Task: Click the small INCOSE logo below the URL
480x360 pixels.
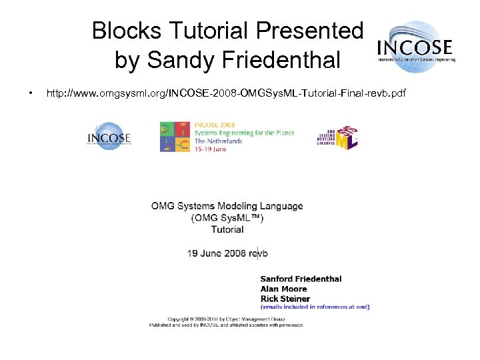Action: pyautogui.click(x=109, y=137)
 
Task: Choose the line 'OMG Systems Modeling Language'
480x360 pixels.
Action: pyautogui.click(x=227, y=206)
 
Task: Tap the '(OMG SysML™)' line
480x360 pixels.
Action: pyautogui.click(x=227, y=218)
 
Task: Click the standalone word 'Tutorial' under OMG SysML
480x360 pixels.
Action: pyautogui.click(x=227, y=229)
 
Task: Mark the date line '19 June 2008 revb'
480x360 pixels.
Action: pyautogui.click(x=227, y=253)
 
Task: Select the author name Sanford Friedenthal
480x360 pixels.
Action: pyautogui.click(x=300, y=279)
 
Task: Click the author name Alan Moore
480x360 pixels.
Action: pyautogui.click(x=283, y=289)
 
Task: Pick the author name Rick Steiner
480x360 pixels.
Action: pyautogui.click(x=285, y=298)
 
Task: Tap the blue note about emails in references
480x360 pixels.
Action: pyautogui.click(x=315, y=307)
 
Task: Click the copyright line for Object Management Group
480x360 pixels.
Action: pyautogui.click(x=227, y=319)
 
